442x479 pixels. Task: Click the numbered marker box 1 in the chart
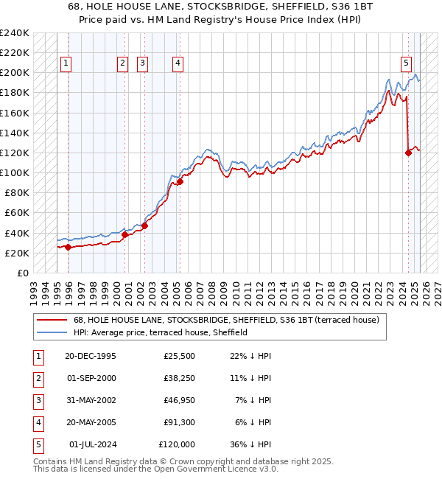pyautogui.click(x=66, y=63)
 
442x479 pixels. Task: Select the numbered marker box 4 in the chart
pyautogui.click(x=178, y=63)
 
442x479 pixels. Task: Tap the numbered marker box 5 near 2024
pyautogui.click(x=407, y=63)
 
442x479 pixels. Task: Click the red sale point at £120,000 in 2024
pyautogui.click(x=408, y=153)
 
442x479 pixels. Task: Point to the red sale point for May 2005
pyautogui.click(x=180, y=181)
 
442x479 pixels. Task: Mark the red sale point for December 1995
pyautogui.click(x=68, y=247)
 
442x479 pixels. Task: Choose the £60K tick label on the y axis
pyautogui.click(x=16, y=213)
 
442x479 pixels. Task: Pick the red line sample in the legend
pyautogui.click(x=52, y=320)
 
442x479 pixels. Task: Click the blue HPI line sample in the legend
pyautogui.click(x=52, y=332)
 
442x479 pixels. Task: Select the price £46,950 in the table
pyautogui.click(x=177, y=400)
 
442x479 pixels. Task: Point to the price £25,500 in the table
pyautogui.click(x=177, y=356)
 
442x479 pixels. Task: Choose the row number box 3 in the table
pyautogui.click(x=37, y=400)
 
